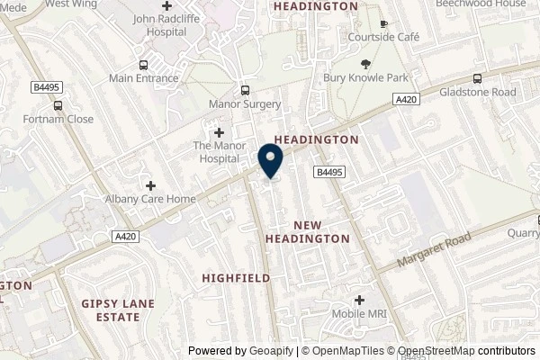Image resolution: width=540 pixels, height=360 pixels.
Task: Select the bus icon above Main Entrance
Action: point(142,64)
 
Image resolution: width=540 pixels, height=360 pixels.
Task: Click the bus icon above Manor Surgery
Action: point(244,90)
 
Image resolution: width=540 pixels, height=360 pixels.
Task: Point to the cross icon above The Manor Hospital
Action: point(218,132)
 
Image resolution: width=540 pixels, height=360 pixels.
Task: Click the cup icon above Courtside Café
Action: point(383,23)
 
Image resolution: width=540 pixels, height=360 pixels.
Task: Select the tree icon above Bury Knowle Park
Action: point(365,63)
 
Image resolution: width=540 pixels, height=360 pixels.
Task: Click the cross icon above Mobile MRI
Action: point(359,300)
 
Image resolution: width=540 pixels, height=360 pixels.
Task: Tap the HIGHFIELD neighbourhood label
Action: point(237,278)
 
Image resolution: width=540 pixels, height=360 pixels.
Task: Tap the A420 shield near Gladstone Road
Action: point(406,104)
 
